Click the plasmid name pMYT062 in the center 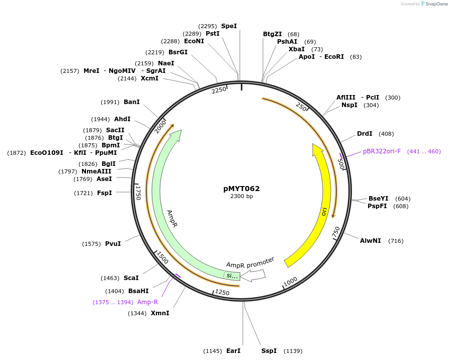[x=241, y=189]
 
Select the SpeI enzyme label [x=229, y=26]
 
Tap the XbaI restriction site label [x=296, y=49]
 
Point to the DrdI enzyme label [x=365, y=134]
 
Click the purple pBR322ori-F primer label [x=382, y=151]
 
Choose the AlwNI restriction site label [x=371, y=241]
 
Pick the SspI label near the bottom [x=269, y=350]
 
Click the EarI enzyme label [x=233, y=350]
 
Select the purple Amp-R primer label [x=147, y=302]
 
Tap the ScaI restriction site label [x=131, y=278]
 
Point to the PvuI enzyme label [x=113, y=244]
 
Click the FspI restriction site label [x=104, y=193]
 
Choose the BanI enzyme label [x=132, y=102]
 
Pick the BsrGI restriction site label [x=178, y=52]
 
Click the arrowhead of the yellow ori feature [x=318, y=150]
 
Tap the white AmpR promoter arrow [x=253, y=275]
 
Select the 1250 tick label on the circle [x=222, y=292]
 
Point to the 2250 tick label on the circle [x=219, y=90]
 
